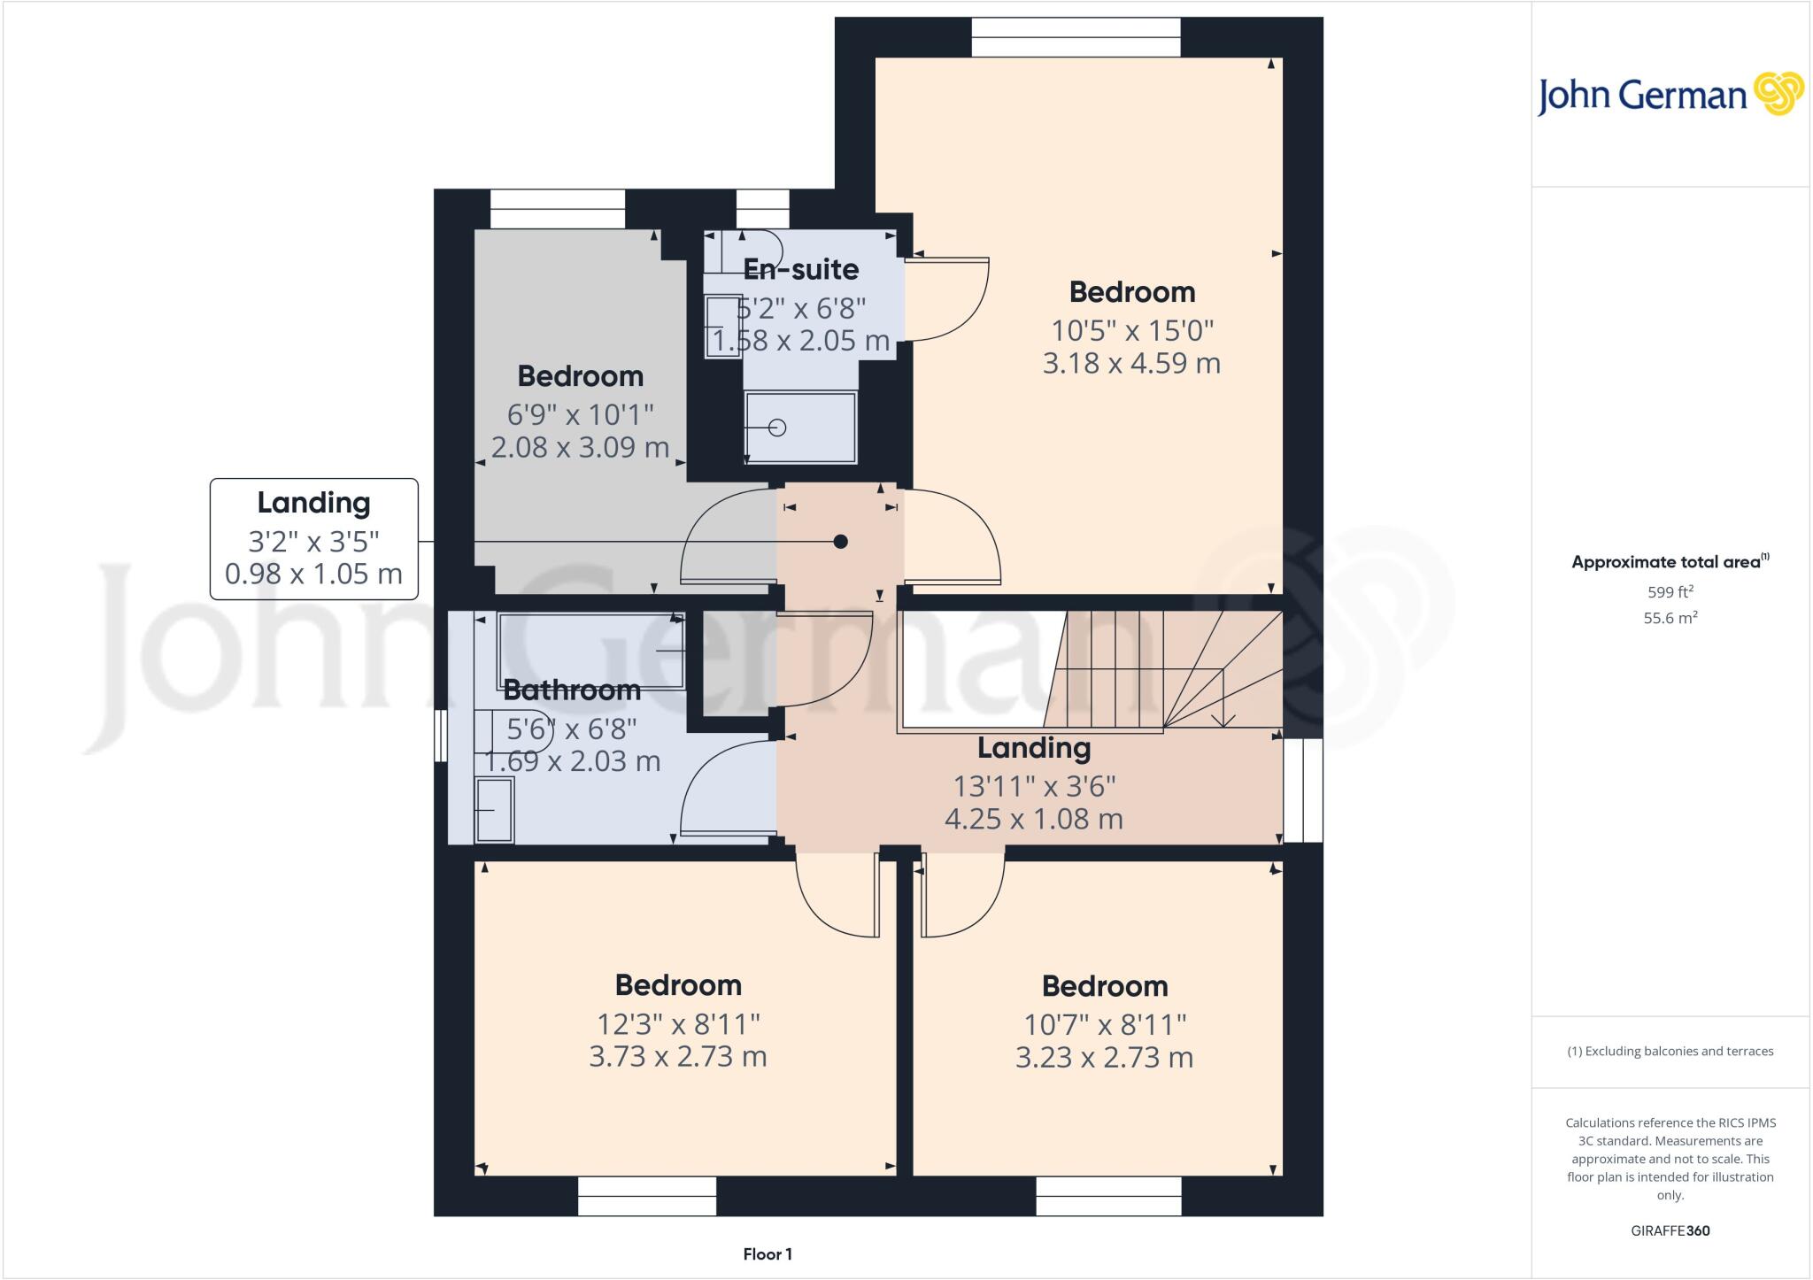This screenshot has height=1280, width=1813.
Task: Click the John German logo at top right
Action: pyautogui.click(x=1670, y=95)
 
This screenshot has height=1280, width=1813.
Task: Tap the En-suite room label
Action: pyautogui.click(x=800, y=269)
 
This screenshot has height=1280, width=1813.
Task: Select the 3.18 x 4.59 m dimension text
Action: pyautogui.click(x=1131, y=363)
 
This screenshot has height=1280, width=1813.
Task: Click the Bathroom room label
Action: pyautogui.click(x=572, y=690)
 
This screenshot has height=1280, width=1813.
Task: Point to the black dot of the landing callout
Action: pyautogui.click(x=841, y=542)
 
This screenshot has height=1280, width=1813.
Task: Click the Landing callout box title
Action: pyautogui.click(x=313, y=503)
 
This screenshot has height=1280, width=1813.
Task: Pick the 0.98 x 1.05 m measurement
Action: pyautogui.click(x=313, y=574)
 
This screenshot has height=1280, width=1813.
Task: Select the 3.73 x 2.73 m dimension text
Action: pyautogui.click(x=678, y=1056)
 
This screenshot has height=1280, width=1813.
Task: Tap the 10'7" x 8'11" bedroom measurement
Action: pyautogui.click(x=1105, y=1024)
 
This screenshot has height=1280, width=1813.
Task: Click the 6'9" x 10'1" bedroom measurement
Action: pyautogui.click(x=580, y=414)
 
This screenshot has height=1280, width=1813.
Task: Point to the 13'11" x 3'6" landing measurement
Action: pyautogui.click(x=1034, y=786)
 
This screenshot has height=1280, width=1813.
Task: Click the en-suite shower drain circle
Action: pyautogui.click(x=777, y=428)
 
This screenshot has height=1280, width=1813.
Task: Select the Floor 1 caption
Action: pyautogui.click(x=768, y=1254)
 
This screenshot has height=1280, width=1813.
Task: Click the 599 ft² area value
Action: pyautogui.click(x=1670, y=592)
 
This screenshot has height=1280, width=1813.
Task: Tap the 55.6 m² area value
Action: pyautogui.click(x=1670, y=618)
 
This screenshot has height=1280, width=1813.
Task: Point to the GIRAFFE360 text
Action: pyautogui.click(x=1670, y=1230)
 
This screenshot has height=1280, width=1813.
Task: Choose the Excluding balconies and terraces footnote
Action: pyautogui.click(x=1670, y=1052)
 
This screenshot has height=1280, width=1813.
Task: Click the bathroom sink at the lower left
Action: pyautogui.click(x=495, y=809)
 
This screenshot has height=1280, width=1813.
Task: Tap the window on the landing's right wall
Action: pyautogui.click(x=1303, y=790)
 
